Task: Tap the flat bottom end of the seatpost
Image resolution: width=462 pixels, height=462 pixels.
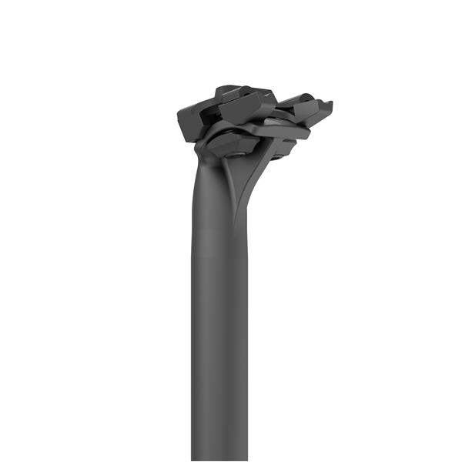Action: (x=219, y=459)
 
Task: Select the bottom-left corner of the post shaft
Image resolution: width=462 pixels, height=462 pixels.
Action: (x=192, y=460)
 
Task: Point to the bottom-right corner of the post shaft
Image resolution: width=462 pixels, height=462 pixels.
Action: (x=247, y=460)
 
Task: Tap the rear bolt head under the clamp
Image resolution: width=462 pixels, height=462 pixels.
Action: (x=278, y=150)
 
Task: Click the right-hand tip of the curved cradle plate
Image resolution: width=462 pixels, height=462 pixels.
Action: (x=308, y=132)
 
